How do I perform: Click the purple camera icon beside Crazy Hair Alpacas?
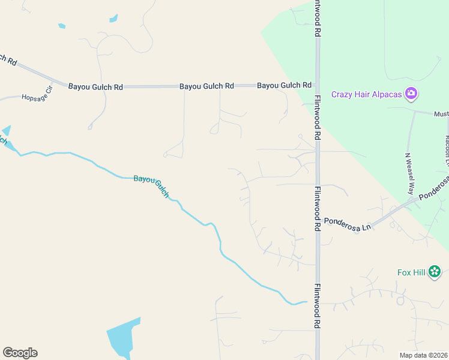pyautogui.click(x=411, y=93)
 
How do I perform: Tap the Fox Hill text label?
pyautogui.click(x=411, y=272)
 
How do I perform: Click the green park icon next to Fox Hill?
pyautogui.click(x=435, y=272)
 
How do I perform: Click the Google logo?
pyautogui.click(x=20, y=352)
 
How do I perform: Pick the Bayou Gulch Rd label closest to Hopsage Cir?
pyautogui.click(x=95, y=86)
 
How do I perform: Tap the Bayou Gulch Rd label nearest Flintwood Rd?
pyautogui.click(x=285, y=85)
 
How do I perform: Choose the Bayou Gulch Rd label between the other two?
pyautogui.click(x=206, y=86)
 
